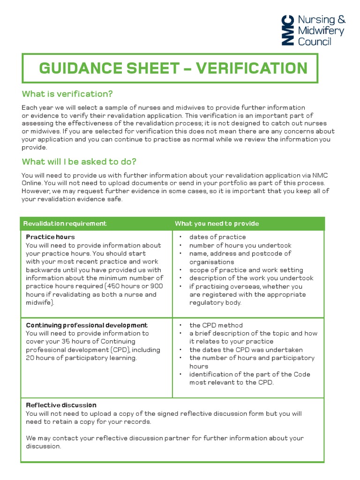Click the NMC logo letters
pos(288,30)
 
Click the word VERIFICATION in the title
pos(252,68)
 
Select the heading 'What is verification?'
pos(67,94)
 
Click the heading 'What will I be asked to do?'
pos(79,162)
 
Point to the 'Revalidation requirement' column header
pos(65,224)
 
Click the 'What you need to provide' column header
pos(217,224)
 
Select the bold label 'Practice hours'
pos(50,237)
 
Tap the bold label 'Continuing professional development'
pos(87,325)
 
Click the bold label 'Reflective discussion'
pos(61,405)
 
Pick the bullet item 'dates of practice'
pos(217,237)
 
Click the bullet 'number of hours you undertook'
pos(240,245)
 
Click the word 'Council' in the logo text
pos(315,41)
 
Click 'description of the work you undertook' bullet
pos(251,278)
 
